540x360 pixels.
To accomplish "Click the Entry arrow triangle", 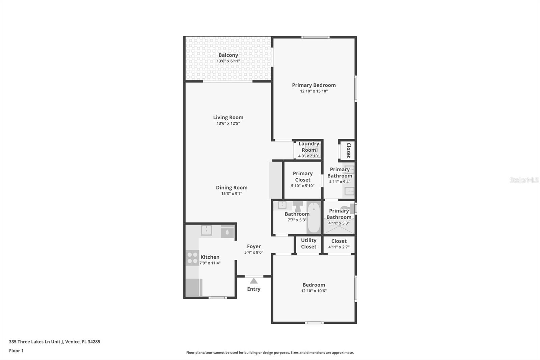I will (x=254, y=281).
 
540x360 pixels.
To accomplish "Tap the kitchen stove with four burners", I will (x=192, y=258).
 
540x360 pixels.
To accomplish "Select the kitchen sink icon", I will (x=206, y=230).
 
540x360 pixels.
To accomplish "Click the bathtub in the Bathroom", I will (x=314, y=217).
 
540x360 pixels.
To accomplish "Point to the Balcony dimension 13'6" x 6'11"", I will (x=228, y=61).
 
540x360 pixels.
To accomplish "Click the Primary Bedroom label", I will (x=314, y=85).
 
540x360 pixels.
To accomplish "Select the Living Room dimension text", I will (x=228, y=124).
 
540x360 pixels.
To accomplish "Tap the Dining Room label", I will (x=232, y=187).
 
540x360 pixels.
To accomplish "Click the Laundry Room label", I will (x=309, y=147).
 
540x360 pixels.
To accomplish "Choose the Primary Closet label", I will (x=303, y=177).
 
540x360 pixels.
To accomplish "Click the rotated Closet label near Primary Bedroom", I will (x=349, y=150).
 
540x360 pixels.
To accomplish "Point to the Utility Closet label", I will (x=308, y=243).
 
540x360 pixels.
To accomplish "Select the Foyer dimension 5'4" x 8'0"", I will (x=254, y=252).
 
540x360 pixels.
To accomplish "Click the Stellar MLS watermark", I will (x=524, y=180).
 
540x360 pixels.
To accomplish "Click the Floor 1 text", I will (x=16, y=351).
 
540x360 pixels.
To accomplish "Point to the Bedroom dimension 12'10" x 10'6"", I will (x=314, y=291).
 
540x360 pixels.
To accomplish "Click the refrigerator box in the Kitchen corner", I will (x=194, y=287).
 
